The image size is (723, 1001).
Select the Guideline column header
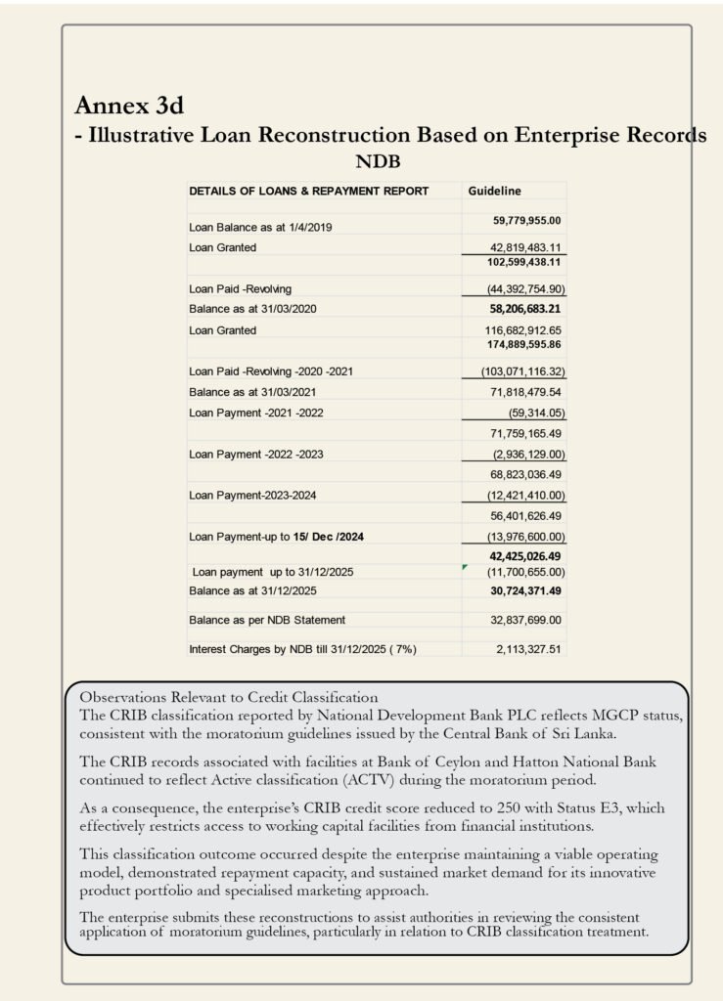(494, 191)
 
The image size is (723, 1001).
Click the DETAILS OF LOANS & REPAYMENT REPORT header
(308, 191)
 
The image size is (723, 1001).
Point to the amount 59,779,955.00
(526, 221)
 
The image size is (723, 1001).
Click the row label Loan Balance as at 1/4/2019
(260, 228)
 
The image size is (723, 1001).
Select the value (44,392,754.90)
(526, 289)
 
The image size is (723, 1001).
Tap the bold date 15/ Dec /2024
(336, 536)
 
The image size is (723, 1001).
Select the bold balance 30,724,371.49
(526, 591)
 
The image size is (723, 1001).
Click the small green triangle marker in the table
(464, 567)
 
